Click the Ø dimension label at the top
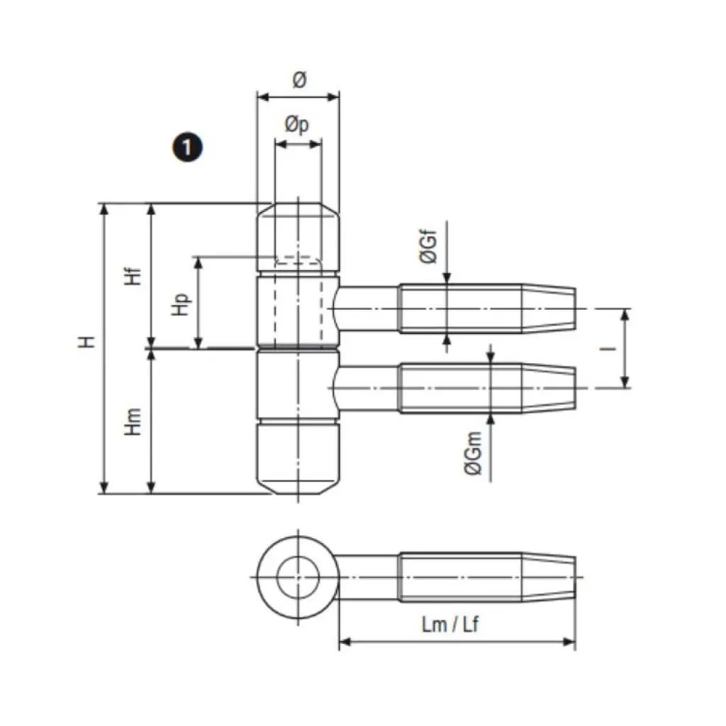click(x=298, y=81)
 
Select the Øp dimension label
click(x=297, y=125)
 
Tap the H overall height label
click(x=86, y=342)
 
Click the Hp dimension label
click(x=184, y=305)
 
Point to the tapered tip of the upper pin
click(x=549, y=309)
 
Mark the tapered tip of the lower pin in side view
click(x=549, y=388)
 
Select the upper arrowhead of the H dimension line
click(x=105, y=210)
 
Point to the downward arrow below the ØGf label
click(x=447, y=279)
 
